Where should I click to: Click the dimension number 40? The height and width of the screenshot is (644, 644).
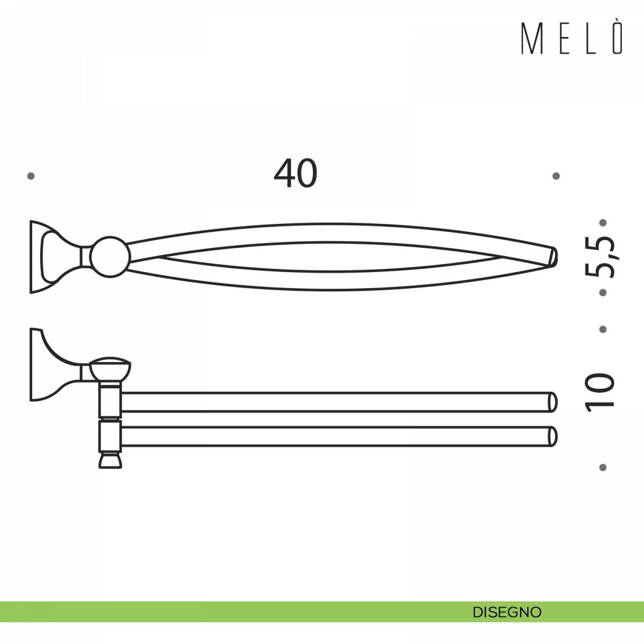(295, 173)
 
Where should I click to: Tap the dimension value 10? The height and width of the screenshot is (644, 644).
(600, 392)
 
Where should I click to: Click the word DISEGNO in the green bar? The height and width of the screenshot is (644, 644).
(507, 612)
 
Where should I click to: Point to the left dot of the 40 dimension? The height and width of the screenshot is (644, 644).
(31, 176)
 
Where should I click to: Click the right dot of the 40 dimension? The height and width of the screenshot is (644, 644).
(556, 176)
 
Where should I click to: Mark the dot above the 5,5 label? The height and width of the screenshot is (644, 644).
(603, 222)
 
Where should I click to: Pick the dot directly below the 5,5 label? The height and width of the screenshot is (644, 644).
(603, 292)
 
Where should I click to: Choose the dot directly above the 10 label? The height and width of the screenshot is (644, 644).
(603, 330)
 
